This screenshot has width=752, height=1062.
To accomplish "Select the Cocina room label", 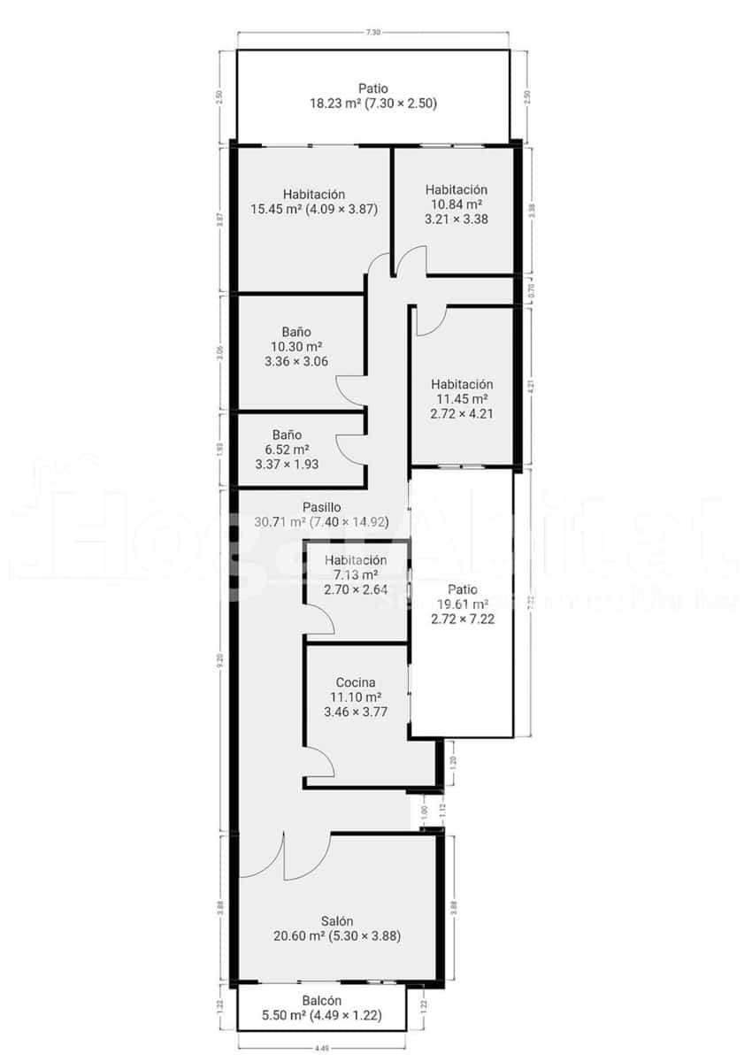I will pyautogui.click(x=356, y=682).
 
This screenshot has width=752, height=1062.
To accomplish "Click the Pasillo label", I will pyautogui.click(x=321, y=507).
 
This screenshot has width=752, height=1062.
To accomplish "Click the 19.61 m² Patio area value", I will pyautogui.click(x=462, y=604).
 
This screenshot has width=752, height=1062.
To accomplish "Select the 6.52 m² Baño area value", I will pyautogui.click(x=287, y=450).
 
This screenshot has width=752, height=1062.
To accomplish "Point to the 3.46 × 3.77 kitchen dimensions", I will pyautogui.click(x=356, y=712).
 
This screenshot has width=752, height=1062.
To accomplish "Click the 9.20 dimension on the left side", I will pyautogui.click(x=220, y=658).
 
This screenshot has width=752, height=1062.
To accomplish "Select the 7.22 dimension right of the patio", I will pyautogui.click(x=529, y=600).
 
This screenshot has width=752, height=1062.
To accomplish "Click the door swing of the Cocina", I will pyautogui.click(x=318, y=761).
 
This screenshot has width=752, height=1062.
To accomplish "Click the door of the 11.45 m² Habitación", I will pyautogui.click(x=431, y=321).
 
